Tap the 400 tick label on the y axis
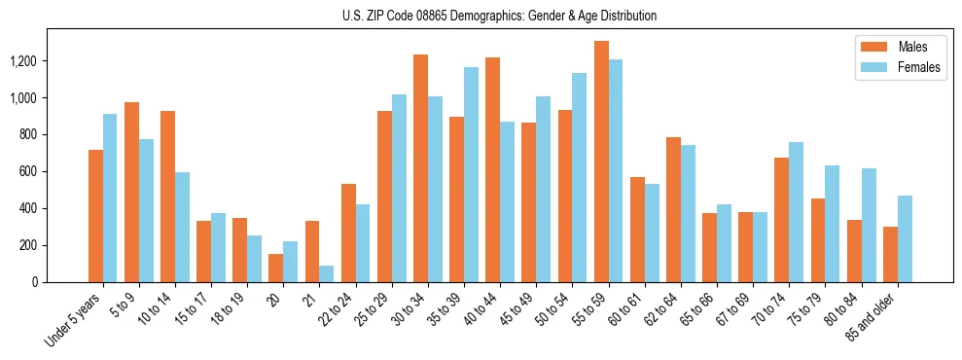pos(28,208)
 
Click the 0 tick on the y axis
pos(34,282)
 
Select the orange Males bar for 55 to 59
pos(601,162)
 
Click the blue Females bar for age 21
pos(327,273)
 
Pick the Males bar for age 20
pos(276,268)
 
